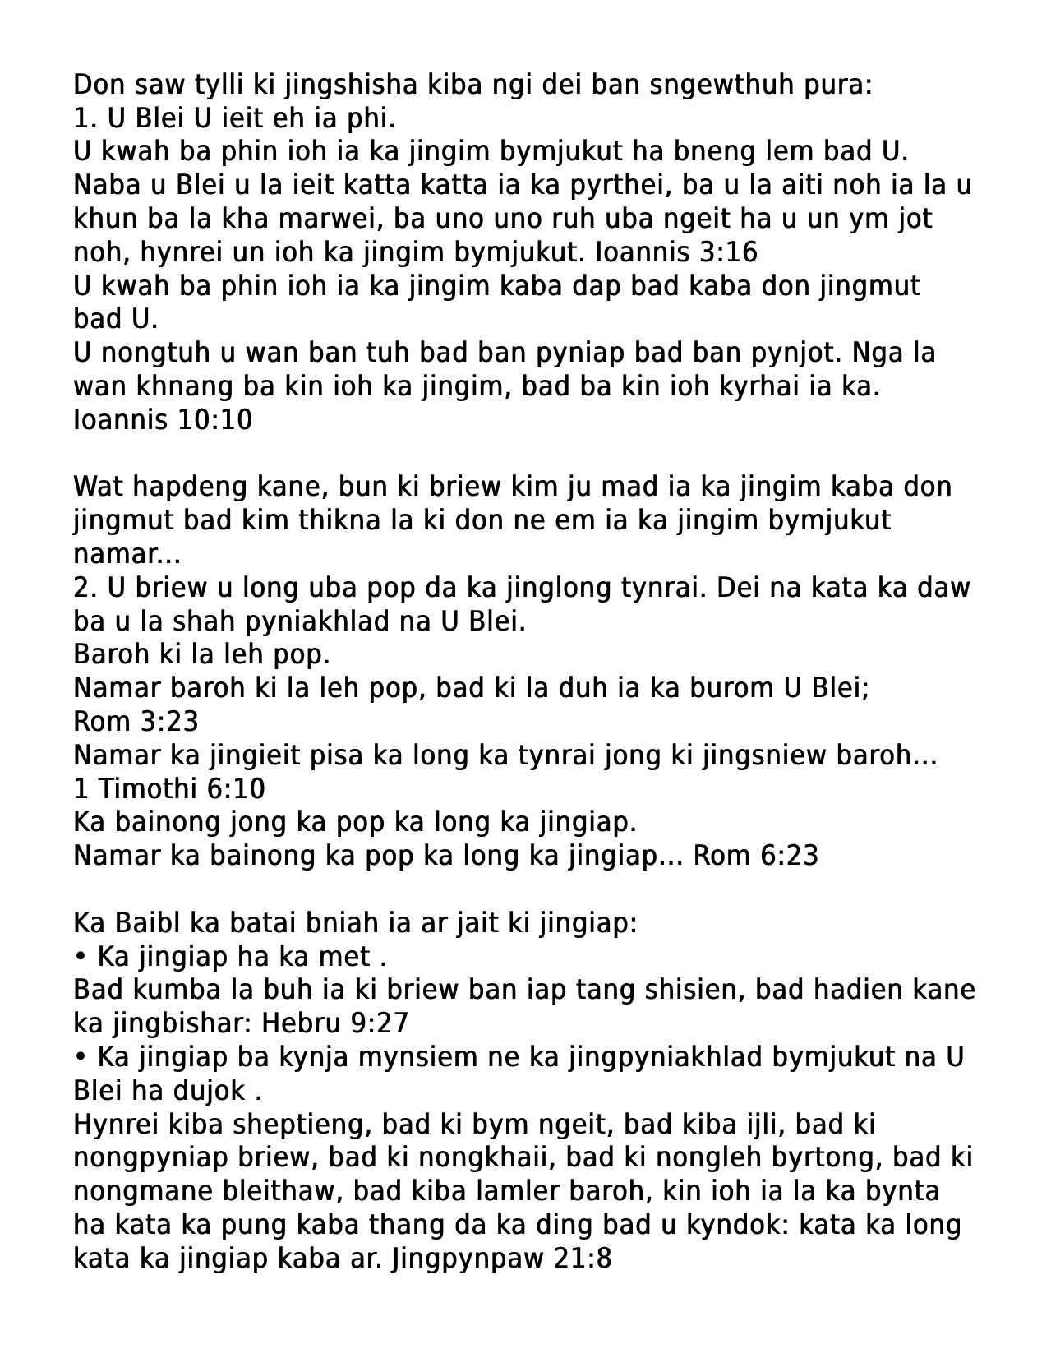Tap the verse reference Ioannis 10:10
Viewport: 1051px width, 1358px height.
click(x=163, y=420)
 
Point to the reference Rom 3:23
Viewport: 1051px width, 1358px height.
click(x=136, y=722)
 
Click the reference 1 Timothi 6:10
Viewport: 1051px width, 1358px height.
click(x=169, y=789)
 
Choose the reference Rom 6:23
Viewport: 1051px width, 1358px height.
click(x=756, y=856)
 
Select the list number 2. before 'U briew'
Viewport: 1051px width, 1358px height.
click(x=85, y=588)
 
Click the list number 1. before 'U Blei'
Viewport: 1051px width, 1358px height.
click(x=85, y=119)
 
